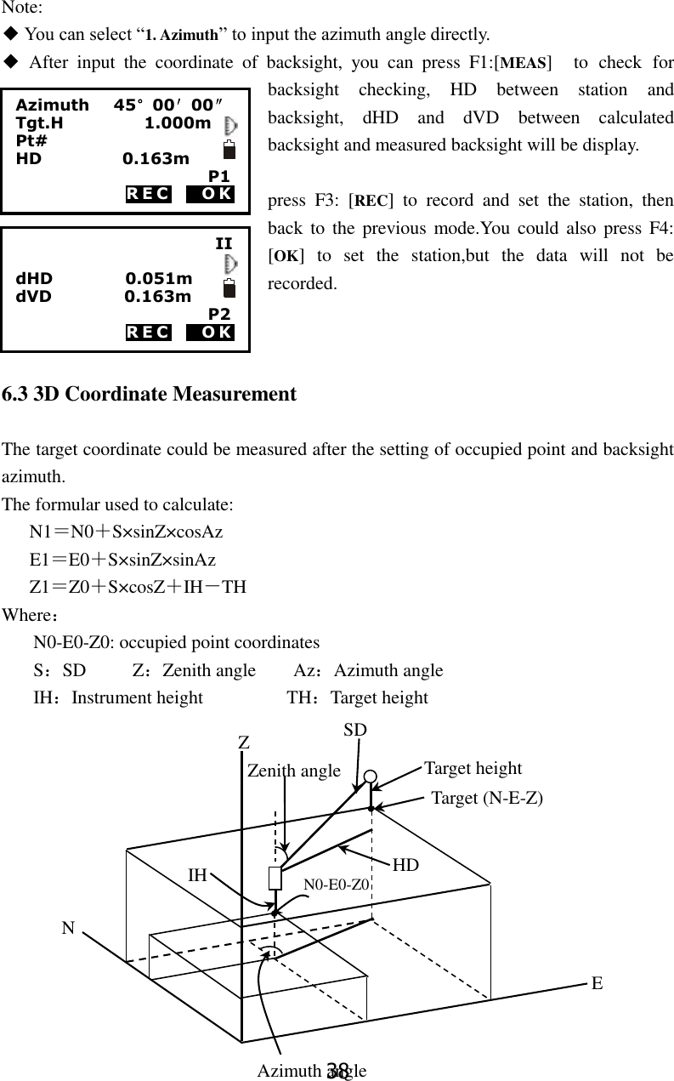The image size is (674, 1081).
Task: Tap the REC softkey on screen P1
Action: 148,194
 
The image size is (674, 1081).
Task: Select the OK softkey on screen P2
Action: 211,332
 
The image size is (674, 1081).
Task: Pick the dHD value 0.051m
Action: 158,279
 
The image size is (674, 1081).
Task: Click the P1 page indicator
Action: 219,176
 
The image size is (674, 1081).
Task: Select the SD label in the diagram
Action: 355,730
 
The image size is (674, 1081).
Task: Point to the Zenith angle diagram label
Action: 293,771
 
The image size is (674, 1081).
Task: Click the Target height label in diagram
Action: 473,768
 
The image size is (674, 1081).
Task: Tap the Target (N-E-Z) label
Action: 487,798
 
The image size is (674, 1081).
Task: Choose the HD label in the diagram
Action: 405,865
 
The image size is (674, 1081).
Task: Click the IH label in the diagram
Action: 197,874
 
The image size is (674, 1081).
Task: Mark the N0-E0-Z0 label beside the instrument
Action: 336,885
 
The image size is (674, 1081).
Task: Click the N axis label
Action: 67,929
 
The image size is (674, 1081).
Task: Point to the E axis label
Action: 598,983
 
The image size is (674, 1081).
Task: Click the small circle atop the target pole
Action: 371,777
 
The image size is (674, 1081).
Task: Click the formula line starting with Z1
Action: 138,587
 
